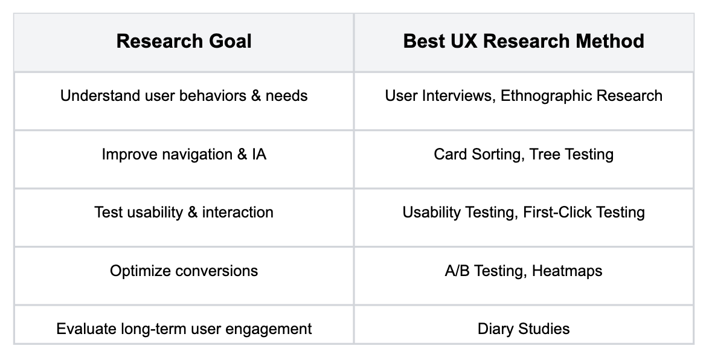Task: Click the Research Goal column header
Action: pos(184,41)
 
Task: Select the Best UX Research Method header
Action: pos(524,41)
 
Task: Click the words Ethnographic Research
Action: pos(582,96)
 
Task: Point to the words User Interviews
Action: pos(440,96)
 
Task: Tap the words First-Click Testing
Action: pos(584,212)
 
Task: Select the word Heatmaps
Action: pos(567,271)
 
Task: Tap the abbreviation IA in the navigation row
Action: pos(259,154)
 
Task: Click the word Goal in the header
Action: pos(229,41)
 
